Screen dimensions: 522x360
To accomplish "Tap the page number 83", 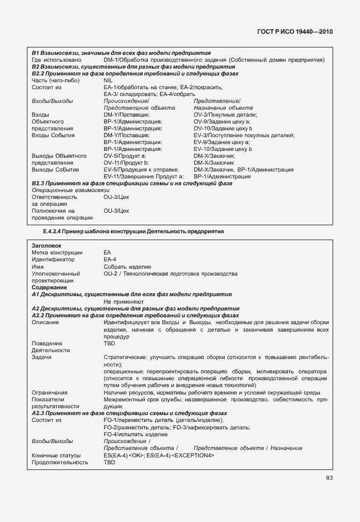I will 329,479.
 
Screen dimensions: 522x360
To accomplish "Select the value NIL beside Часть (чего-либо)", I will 109,80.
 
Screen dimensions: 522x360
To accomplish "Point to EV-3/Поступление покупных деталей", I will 244,135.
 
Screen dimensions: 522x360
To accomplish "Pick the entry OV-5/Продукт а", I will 125,156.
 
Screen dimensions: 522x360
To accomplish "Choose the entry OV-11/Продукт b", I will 126,162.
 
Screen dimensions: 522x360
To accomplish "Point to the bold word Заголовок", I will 46,245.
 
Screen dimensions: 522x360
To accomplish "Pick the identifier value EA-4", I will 110,260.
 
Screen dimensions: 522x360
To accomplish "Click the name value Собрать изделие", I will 127,266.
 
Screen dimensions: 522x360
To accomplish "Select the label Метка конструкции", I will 57,253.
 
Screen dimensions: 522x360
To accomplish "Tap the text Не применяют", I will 123,301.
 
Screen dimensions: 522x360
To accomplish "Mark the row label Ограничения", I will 50,392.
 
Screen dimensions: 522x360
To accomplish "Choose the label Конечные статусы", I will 56,455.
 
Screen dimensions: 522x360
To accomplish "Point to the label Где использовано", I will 56,59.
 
